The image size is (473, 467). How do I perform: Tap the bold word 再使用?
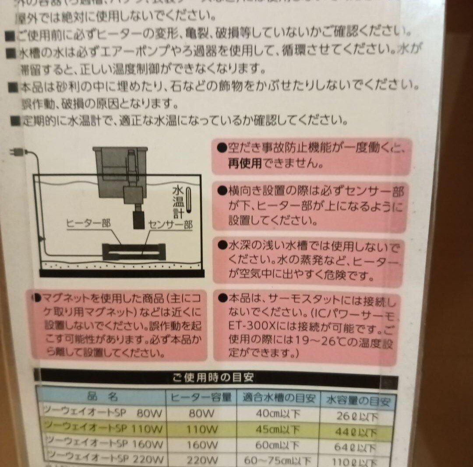[244, 164]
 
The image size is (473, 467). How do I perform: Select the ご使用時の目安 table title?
[213, 378]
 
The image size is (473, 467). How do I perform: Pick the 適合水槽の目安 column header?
[279, 399]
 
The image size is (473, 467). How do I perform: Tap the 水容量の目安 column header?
[358, 400]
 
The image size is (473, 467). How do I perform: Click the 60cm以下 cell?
[279, 445]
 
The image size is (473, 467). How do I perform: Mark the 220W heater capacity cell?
[201, 460]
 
